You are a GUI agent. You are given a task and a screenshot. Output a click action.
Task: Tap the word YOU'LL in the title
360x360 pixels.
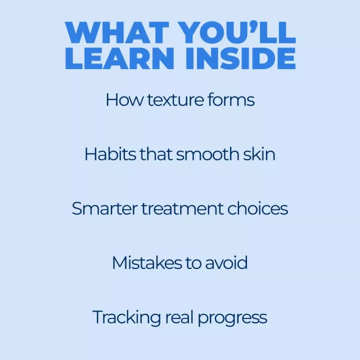[x=238, y=33]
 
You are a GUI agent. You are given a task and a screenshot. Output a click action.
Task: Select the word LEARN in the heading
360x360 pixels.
[x=119, y=58]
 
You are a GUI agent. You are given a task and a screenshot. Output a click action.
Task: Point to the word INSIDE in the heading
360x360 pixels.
[x=241, y=58]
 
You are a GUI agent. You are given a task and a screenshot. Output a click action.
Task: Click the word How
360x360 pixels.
[x=124, y=100]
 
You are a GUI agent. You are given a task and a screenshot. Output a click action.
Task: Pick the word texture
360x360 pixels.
[x=175, y=100]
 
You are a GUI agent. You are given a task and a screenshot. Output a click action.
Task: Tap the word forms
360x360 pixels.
[x=231, y=100]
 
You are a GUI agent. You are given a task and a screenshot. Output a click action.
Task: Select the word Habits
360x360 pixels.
[x=110, y=154]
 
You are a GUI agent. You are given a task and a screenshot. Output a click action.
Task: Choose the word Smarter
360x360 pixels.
[x=105, y=209]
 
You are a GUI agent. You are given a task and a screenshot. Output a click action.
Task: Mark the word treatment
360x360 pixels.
[x=182, y=209]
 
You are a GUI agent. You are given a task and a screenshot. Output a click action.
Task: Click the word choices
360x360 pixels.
[x=258, y=209]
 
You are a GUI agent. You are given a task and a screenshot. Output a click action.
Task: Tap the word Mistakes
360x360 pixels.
[x=147, y=263]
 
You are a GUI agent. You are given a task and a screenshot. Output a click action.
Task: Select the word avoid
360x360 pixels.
[x=226, y=263]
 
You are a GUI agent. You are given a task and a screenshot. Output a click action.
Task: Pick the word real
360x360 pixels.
[x=179, y=317]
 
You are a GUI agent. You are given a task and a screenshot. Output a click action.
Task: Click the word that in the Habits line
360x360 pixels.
[x=156, y=154]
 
